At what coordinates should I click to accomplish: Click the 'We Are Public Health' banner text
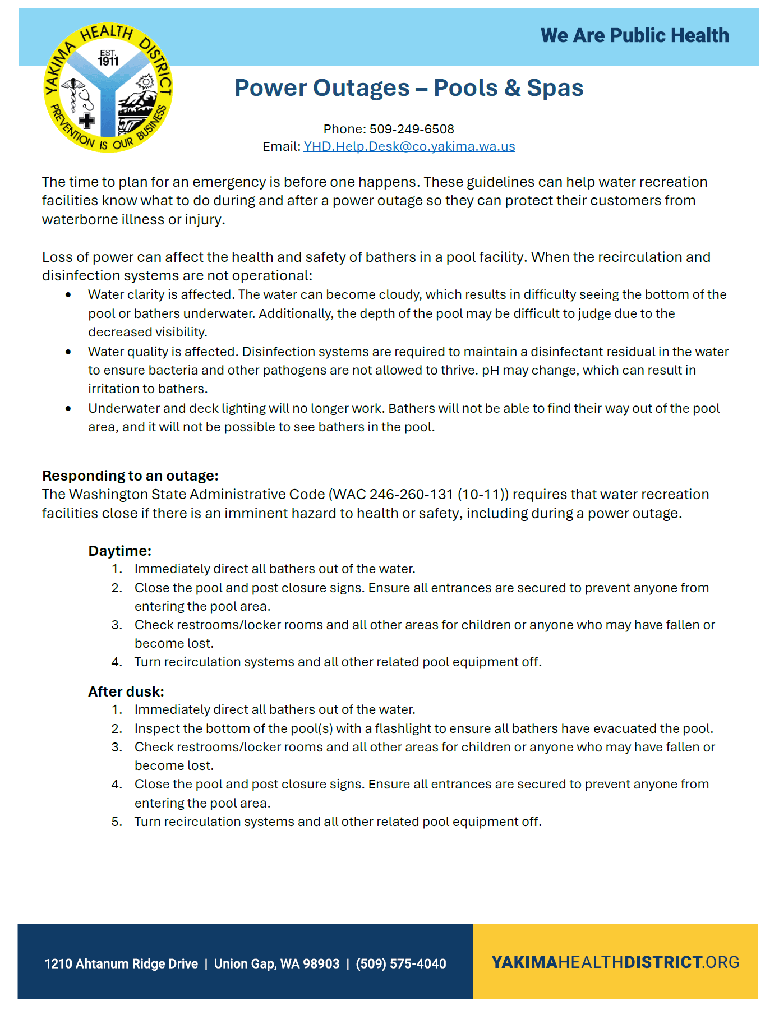point(634,36)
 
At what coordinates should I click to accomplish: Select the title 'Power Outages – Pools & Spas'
point(409,88)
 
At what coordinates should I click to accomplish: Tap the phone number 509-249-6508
point(412,129)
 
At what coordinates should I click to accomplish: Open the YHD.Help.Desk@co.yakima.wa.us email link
point(409,146)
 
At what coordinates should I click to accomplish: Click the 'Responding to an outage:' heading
point(130,476)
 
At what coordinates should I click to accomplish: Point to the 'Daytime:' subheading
point(119,551)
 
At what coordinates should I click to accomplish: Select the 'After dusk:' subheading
point(126,691)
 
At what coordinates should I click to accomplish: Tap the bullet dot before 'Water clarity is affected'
point(68,295)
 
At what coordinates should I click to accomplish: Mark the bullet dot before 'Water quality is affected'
point(68,352)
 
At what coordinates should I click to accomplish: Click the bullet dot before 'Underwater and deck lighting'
point(68,409)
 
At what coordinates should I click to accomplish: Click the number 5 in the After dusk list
point(116,822)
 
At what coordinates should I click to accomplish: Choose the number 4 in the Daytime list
point(116,662)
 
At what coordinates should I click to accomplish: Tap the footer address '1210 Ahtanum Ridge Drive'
point(121,963)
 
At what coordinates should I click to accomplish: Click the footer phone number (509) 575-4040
point(401,963)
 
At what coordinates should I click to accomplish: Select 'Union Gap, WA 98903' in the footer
point(276,963)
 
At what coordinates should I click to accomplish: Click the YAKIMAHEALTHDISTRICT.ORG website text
point(615,962)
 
